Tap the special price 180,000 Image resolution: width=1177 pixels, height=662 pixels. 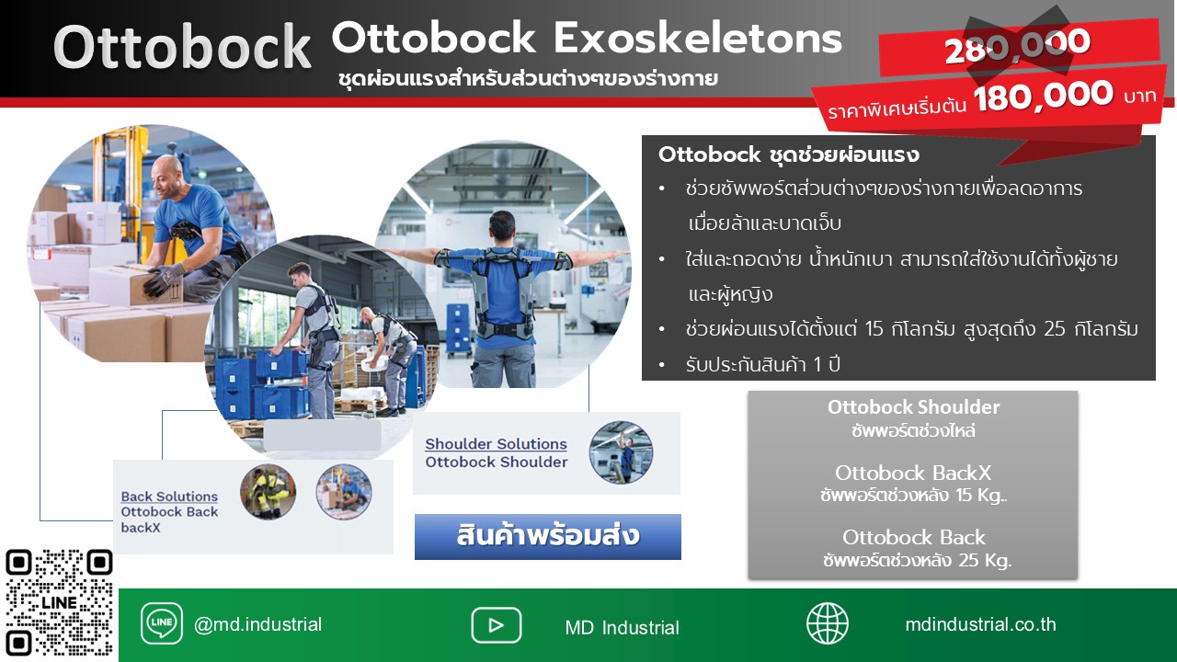click(x=1043, y=96)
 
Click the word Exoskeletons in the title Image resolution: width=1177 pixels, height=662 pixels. click(x=698, y=39)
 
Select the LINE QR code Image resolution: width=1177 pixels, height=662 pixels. click(x=59, y=602)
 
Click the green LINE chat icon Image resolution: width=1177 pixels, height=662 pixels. click(x=162, y=623)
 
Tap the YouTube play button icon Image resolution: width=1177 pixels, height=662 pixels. click(x=496, y=625)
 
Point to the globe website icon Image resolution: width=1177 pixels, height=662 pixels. click(x=827, y=623)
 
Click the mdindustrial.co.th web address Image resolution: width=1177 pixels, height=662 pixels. click(x=980, y=624)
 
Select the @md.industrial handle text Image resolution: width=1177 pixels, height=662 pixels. click(x=257, y=624)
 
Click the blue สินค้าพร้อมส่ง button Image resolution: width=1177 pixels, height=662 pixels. click(x=547, y=536)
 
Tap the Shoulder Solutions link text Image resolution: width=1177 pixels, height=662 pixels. click(x=496, y=444)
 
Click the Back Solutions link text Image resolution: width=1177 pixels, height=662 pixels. click(x=169, y=496)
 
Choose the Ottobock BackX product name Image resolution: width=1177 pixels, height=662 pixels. click(x=913, y=473)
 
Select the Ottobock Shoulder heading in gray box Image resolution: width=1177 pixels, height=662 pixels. click(x=914, y=407)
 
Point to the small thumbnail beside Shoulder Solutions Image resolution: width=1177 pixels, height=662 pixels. click(x=621, y=452)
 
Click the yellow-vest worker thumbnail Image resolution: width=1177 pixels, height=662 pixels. click(x=268, y=492)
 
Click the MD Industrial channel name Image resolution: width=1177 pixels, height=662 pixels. click(x=623, y=627)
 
